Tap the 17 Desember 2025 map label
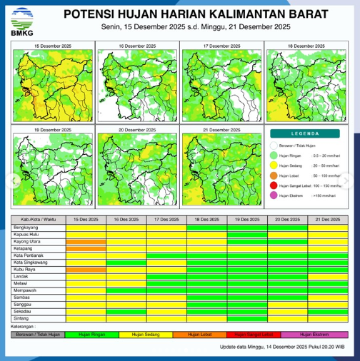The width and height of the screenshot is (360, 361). click(x=219, y=45)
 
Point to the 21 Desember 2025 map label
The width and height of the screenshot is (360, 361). click(x=219, y=131)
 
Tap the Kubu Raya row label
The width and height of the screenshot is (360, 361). click(x=23, y=270)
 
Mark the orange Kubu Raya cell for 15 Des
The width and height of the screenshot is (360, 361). click(x=86, y=270)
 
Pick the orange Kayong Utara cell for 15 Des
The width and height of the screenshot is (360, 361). click(x=86, y=241)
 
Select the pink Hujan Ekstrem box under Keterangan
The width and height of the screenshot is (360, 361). click(x=315, y=334)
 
